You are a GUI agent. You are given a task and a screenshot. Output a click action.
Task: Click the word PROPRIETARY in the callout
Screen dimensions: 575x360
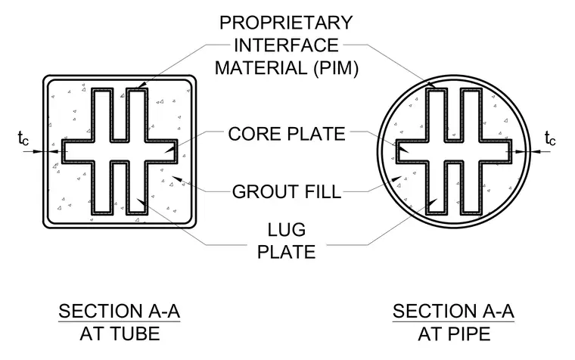click(x=286, y=23)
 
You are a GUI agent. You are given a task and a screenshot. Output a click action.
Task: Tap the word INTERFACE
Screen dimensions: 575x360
click(x=287, y=45)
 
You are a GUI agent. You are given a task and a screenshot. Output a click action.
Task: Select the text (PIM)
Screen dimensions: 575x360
click(x=335, y=69)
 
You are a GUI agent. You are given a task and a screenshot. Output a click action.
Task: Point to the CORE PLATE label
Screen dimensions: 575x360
click(x=287, y=134)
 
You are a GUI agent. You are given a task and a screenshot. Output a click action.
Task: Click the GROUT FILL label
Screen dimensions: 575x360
click(x=287, y=192)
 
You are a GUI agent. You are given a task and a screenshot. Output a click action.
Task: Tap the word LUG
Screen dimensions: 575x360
click(x=287, y=230)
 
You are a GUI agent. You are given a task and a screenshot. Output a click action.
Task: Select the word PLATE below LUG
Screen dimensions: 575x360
click(x=287, y=252)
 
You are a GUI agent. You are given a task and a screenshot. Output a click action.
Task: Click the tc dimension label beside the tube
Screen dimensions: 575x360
click(x=23, y=138)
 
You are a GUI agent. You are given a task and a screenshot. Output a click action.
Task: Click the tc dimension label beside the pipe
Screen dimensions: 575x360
click(x=550, y=138)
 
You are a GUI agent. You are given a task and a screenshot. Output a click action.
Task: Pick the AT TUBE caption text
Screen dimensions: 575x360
click(x=120, y=334)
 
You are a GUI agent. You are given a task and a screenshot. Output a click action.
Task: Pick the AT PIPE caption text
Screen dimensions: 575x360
click(x=454, y=334)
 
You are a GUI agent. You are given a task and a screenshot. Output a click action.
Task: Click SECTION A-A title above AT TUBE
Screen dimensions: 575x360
click(x=120, y=312)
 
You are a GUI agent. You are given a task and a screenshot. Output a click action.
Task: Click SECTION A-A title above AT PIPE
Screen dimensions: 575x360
click(x=453, y=312)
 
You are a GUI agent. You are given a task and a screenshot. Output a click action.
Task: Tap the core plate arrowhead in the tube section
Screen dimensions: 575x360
click(x=169, y=150)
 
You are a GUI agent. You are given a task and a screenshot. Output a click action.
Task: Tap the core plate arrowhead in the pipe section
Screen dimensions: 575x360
click(x=403, y=150)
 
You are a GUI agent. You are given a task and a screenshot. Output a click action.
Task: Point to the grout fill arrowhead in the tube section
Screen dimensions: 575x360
click(x=177, y=179)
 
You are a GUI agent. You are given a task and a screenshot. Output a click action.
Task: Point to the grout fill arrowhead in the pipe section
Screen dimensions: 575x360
click(x=396, y=179)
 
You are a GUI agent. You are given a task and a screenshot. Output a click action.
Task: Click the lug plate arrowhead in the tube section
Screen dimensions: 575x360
click(x=141, y=202)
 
